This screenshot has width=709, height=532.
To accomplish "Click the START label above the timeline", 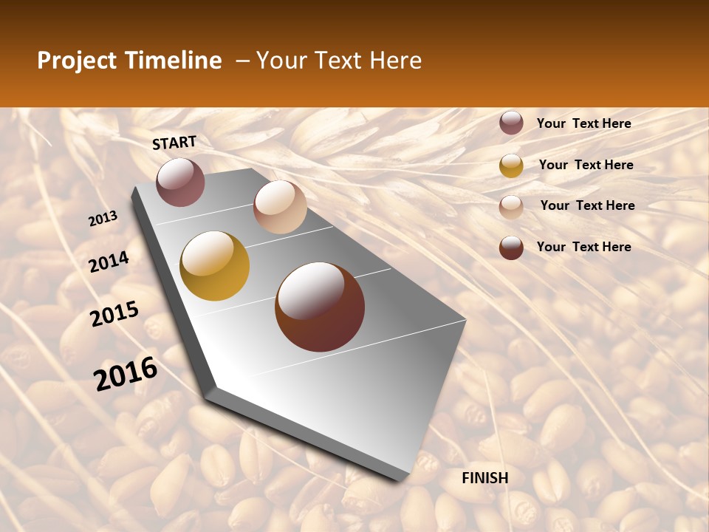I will point(174,143).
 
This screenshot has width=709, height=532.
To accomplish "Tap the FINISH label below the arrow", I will point(484,478).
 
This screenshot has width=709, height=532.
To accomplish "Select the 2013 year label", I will point(103,219).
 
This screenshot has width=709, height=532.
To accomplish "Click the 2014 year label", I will point(109,262).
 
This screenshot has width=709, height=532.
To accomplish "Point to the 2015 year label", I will point(114,314).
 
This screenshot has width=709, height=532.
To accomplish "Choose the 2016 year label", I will point(126,374).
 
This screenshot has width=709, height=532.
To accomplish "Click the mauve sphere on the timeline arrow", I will point(180,182).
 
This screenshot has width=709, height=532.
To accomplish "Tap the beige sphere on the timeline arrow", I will point(280,207).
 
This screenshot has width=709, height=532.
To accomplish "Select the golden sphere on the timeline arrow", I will point(215,266).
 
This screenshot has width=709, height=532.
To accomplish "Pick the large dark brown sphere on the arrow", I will point(320,307).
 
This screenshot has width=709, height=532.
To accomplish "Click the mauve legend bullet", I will point(511,123).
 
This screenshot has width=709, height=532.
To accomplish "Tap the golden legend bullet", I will point(511,166).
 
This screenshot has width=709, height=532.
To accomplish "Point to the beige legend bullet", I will point(511,207).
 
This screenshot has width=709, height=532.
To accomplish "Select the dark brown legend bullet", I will point(511,248).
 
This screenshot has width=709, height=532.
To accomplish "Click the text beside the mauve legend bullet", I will point(583,123).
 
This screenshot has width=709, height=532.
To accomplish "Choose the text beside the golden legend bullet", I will point(586,165).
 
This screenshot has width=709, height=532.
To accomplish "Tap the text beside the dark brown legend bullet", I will point(583,247).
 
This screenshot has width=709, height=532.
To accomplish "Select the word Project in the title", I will point(76,61).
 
